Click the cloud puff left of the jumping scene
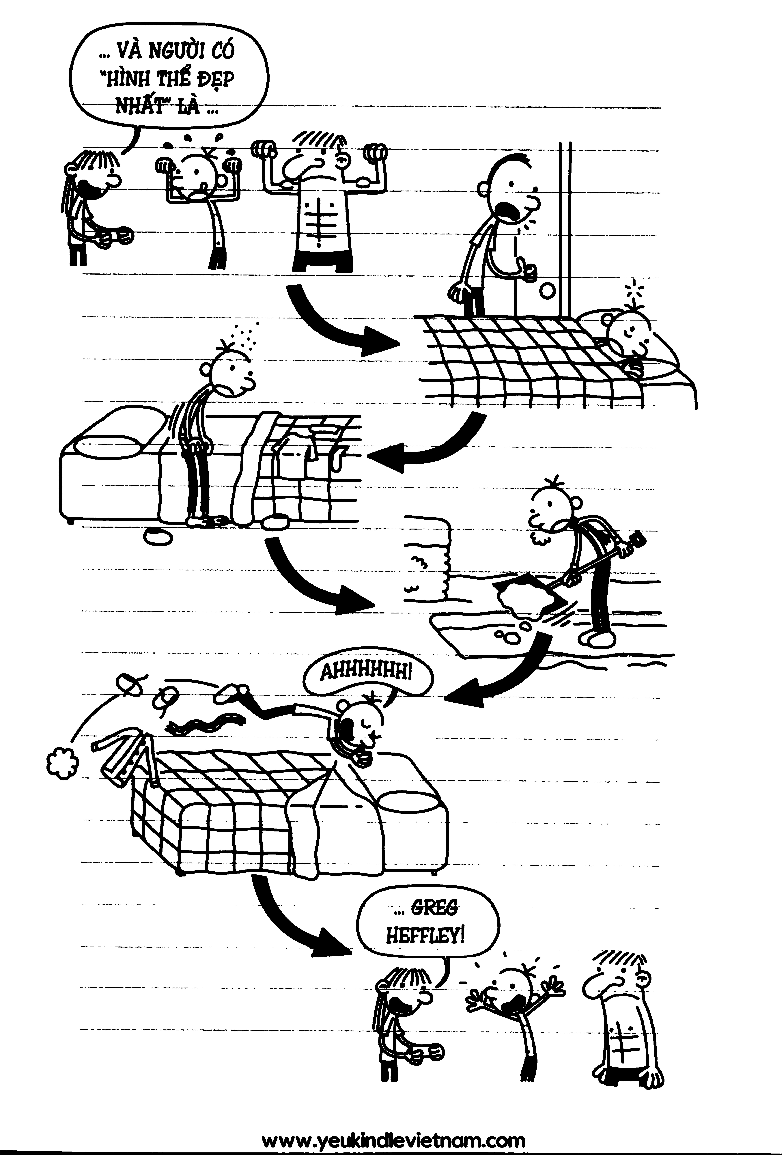pyautogui.click(x=62, y=761)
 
